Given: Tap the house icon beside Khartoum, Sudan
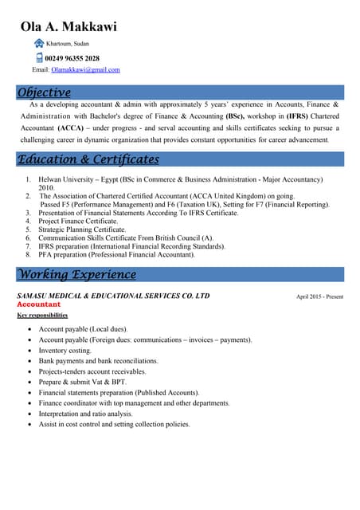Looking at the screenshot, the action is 39,43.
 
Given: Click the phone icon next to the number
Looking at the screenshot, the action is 39,57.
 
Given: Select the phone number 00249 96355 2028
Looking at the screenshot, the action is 72,58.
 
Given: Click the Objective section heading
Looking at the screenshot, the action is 45,92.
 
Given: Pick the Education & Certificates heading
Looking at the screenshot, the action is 88,159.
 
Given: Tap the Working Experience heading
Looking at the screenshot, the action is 76,275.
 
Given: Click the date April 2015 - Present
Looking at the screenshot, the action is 319,296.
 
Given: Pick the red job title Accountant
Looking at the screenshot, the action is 38,304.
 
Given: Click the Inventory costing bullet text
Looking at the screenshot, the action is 65,351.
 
